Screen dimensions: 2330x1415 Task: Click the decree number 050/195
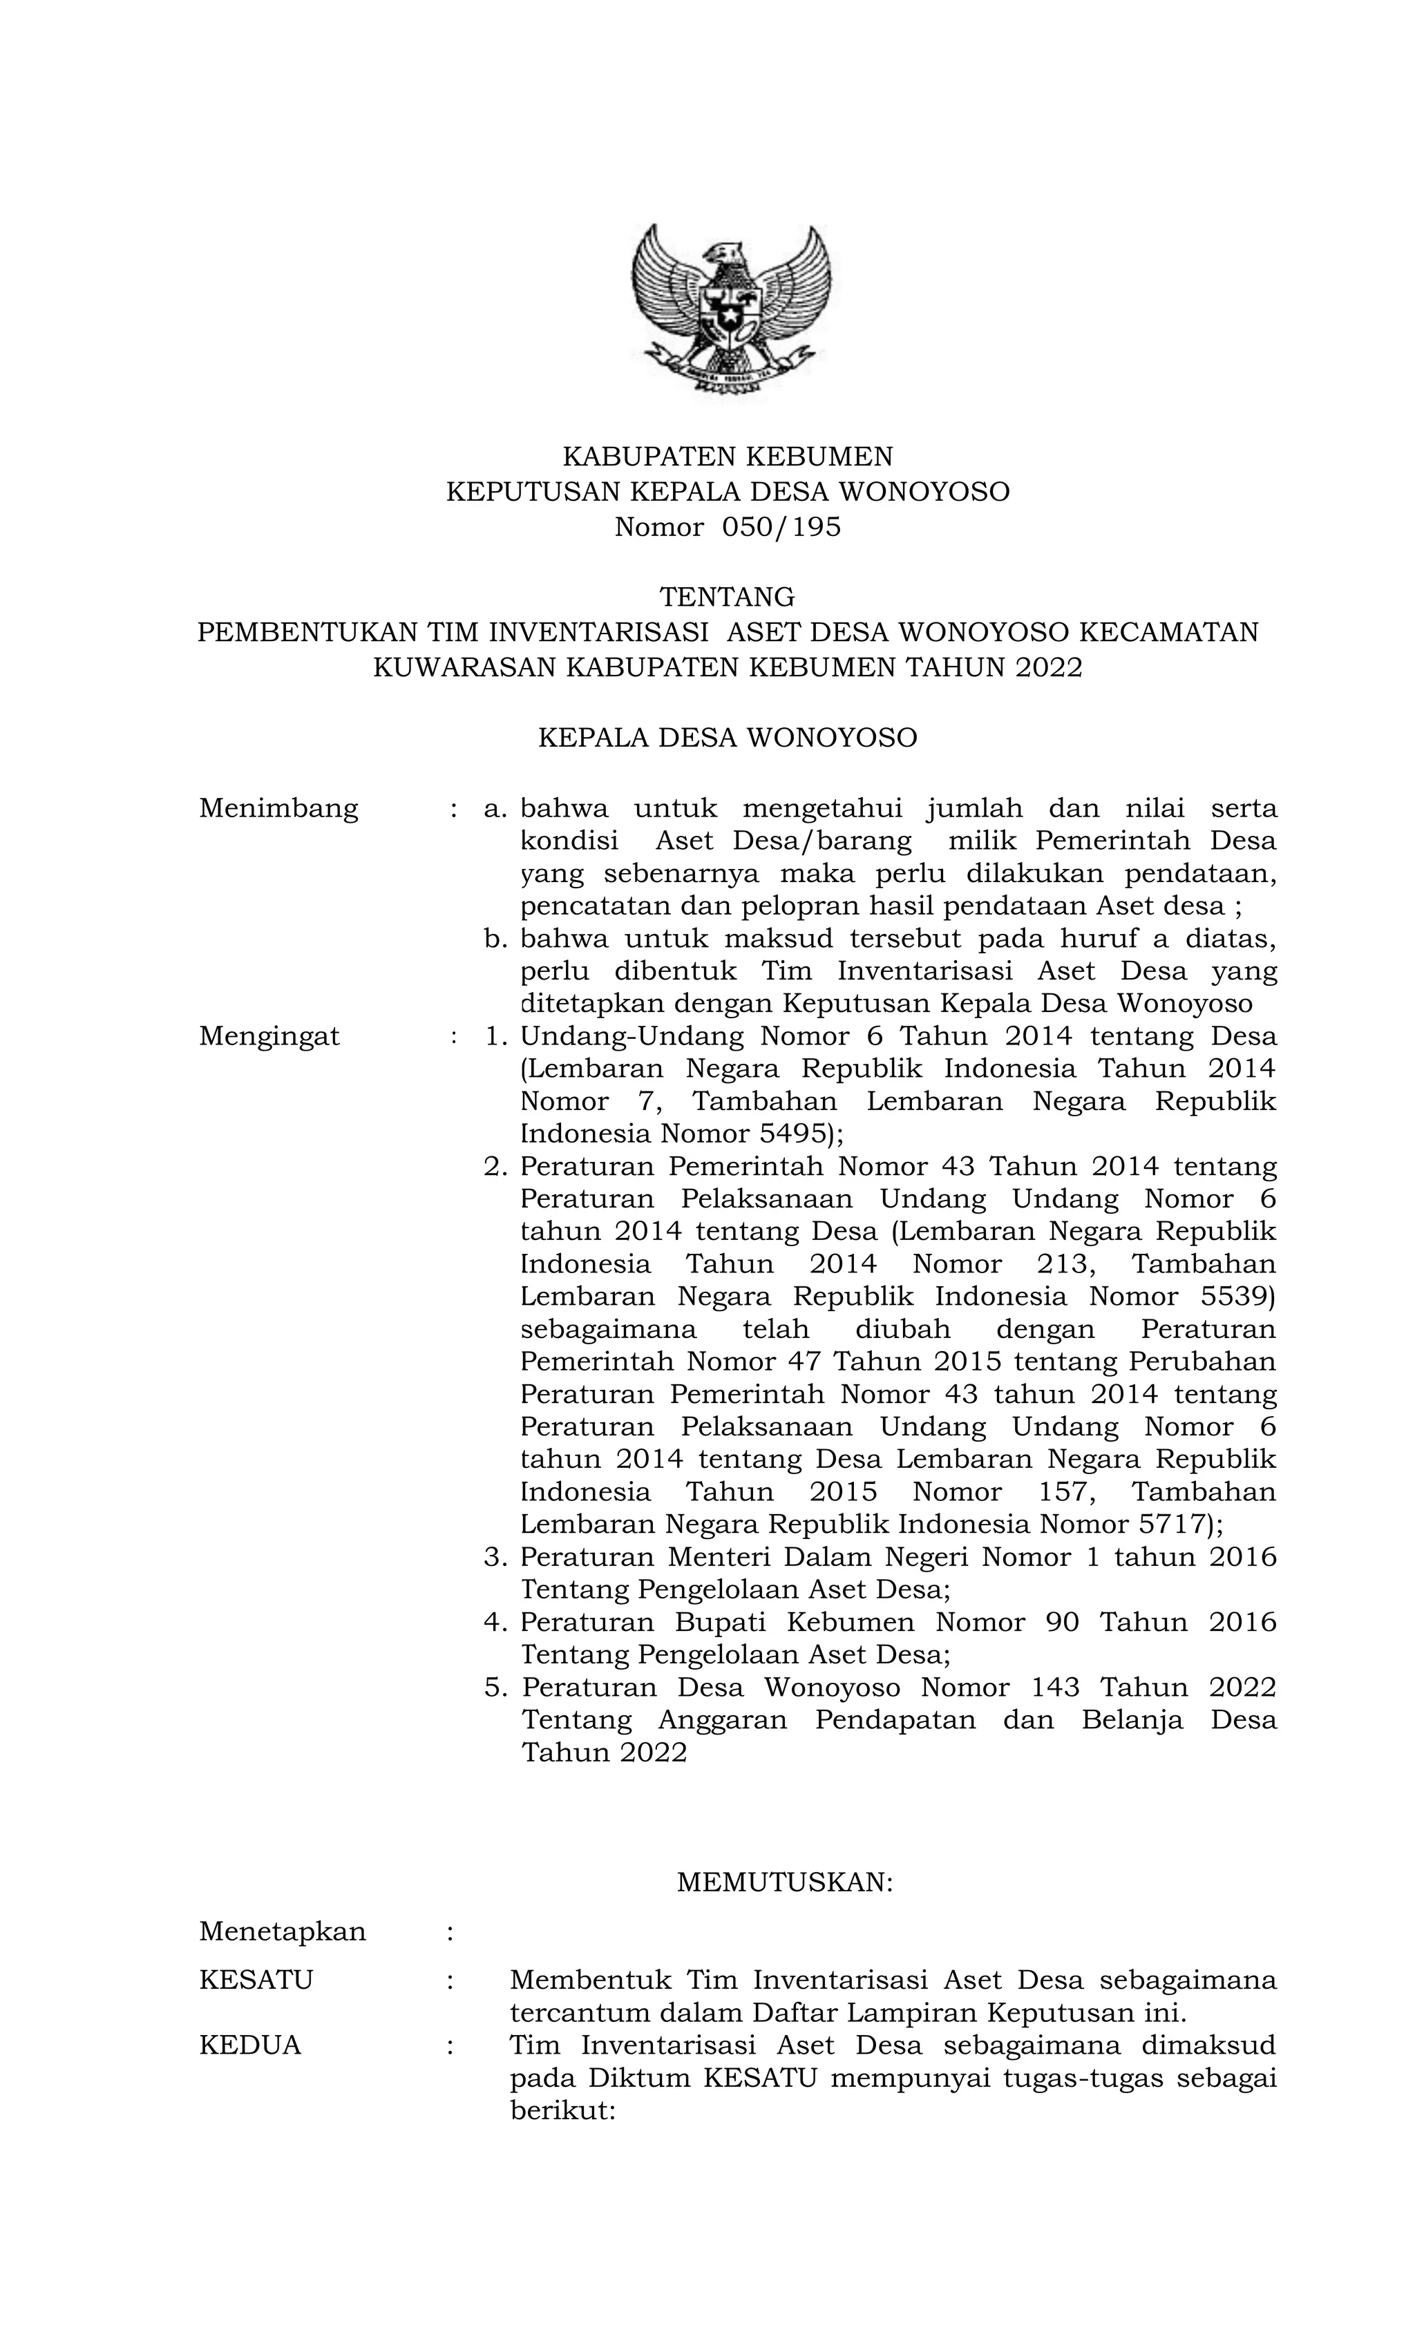(x=780, y=526)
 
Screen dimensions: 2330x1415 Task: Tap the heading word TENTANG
(x=726, y=597)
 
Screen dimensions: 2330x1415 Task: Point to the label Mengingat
(x=269, y=1036)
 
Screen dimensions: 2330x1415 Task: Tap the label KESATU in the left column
(x=256, y=1980)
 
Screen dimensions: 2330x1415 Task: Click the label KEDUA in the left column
(x=249, y=2046)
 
